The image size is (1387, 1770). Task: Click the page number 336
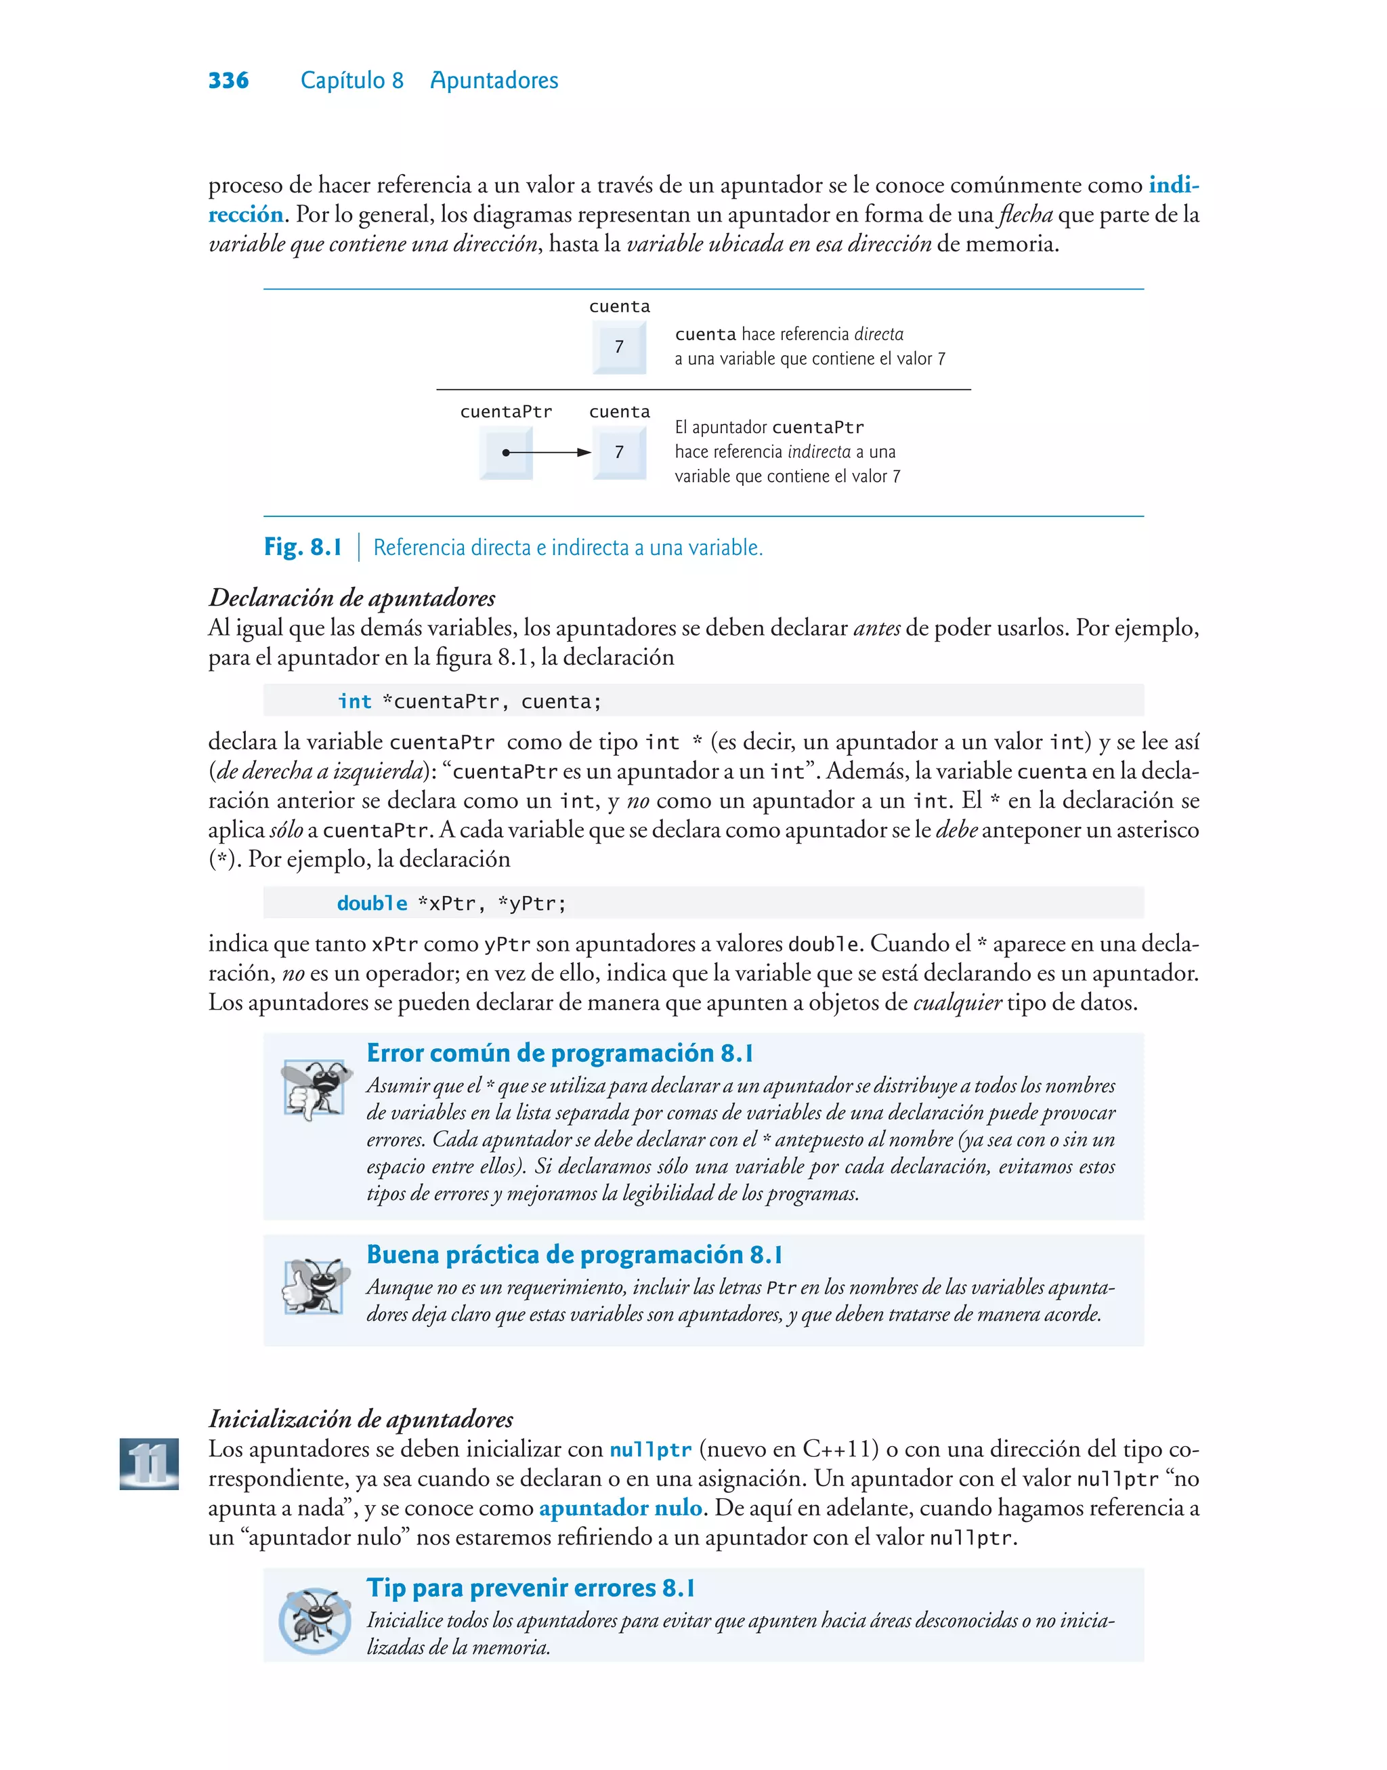point(228,81)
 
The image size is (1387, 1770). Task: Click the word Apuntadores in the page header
point(494,81)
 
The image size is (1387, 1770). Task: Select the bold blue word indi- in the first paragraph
point(1174,185)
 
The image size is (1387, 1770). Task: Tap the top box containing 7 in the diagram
point(620,347)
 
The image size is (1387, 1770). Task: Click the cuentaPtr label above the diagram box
point(506,412)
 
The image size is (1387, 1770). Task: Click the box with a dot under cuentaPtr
point(506,453)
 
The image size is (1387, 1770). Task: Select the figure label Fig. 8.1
point(303,547)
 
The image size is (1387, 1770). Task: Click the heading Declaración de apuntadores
point(351,598)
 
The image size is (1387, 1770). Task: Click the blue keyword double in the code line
point(372,903)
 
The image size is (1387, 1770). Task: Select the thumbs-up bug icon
point(314,1286)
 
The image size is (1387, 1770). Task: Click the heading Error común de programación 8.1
point(559,1053)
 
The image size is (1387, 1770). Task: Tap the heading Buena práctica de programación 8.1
point(574,1254)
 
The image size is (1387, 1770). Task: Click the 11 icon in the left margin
point(150,1463)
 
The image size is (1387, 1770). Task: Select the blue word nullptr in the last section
point(650,1450)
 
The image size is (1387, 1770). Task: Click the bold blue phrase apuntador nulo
point(620,1508)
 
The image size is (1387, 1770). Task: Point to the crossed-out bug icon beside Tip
point(315,1620)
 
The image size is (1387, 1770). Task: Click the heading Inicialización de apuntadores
point(360,1419)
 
